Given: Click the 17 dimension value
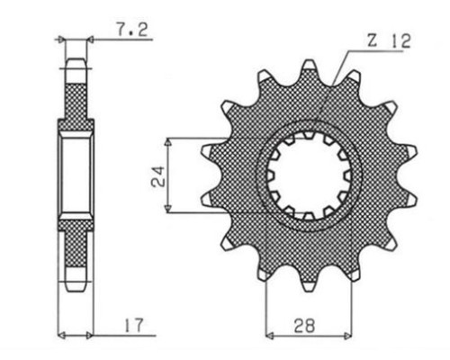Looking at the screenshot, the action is (x=134, y=325).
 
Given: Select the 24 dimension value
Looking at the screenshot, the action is (x=158, y=176).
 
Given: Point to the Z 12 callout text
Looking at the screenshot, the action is (x=389, y=41).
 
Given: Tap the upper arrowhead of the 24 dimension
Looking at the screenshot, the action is (x=168, y=143).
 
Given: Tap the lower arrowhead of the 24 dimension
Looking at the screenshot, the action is (x=168, y=209).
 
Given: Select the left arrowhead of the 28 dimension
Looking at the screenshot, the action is (x=270, y=336).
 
